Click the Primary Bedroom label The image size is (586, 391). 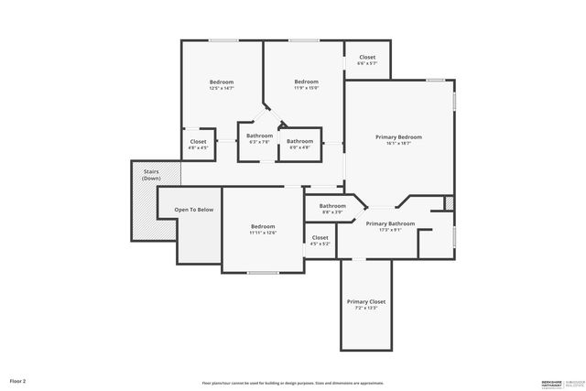398,136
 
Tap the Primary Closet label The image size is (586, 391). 365,301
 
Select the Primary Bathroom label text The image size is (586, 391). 390,223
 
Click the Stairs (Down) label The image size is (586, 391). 151,174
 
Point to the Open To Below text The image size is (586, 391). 194,210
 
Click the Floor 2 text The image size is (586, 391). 18,380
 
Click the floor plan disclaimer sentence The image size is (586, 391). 292,383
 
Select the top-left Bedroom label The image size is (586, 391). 222,82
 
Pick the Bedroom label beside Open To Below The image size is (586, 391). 263,226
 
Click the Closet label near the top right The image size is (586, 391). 366,58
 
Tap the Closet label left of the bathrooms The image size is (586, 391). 198,142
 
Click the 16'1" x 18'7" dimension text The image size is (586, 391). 398,143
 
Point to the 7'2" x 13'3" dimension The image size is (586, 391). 365,308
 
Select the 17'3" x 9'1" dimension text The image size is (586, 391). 390,230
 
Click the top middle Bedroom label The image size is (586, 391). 306,82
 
